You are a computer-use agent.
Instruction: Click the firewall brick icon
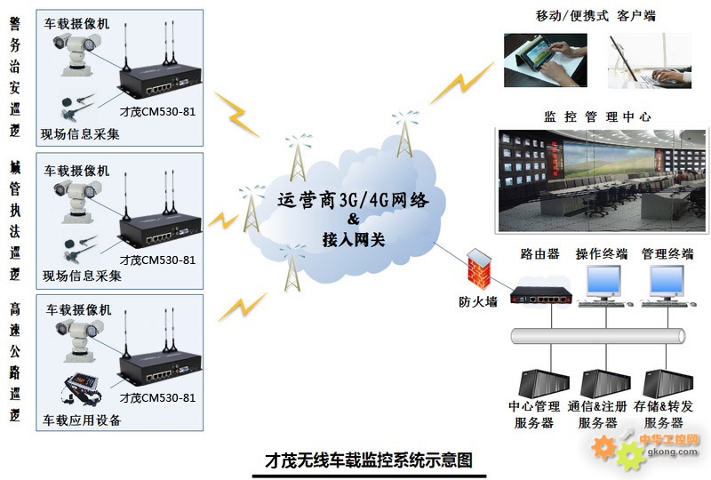(479, 268)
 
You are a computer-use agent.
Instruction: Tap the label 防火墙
(478, 301)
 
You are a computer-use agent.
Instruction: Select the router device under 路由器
(540, 296)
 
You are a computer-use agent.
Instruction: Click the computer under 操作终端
(604, 286)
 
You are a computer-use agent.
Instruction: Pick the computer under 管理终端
(667, 286)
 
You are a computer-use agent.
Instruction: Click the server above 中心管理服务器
(543, 383)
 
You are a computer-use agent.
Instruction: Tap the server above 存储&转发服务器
(668, 383)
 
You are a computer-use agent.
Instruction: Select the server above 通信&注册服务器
(605, 383)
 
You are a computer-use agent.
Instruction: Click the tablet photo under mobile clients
(546, 60)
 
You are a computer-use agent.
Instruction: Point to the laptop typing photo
(650, 60)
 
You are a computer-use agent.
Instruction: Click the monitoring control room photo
(602, 181)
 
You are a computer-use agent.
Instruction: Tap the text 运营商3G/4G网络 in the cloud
(353, 200)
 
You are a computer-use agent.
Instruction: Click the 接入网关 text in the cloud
(354, 239)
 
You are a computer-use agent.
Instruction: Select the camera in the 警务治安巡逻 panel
(77, 53)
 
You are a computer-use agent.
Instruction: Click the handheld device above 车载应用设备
(81, 388)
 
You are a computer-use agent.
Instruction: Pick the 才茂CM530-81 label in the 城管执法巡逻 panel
(158, 260)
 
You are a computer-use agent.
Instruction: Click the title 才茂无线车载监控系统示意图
(369, 460)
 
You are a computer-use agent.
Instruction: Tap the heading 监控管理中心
(597, 116)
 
